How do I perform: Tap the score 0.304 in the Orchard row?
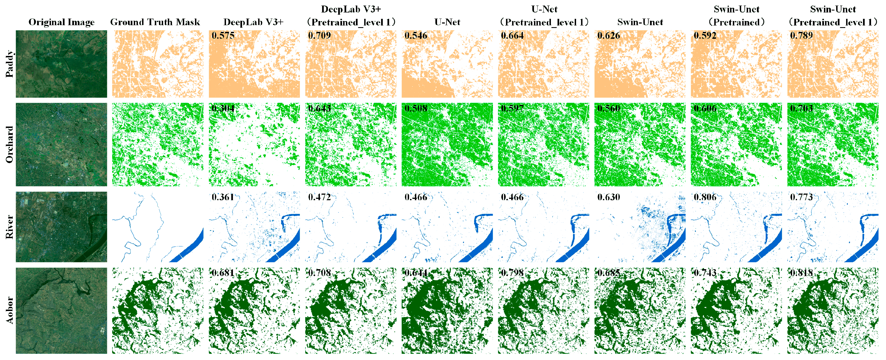pyautogui.click(x=223, y=108)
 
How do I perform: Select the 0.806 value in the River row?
pyautogui.click(x=705, y=197)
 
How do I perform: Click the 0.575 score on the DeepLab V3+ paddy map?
pyautogui.click(x=223, y=35)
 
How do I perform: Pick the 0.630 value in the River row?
pyautogui.click(x=608, y=197)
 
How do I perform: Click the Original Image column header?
pyautogui.click(x=61, y=22)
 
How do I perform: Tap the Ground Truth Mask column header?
pyautogui.click(x=155, y=22)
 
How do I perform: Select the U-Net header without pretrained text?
pyautogui.click(x=447, y=22)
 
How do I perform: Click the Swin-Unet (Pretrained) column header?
pyautogui.click(x=736, y=16)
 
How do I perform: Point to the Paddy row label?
pyautogui.click(x=9, y=64)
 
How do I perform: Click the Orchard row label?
pyautogui.click(x=9, y=144)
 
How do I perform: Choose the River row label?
pyautogui.click(x=9, y=227)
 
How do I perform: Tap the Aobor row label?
pyautogui.click(x=9, y=310)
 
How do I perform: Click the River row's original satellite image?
pyautogui.click(x=61, y=227)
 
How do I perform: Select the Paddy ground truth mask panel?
pyautogui.click(x=158, y=64)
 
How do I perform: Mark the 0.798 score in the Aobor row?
pyautogui.click(x=512, y=273)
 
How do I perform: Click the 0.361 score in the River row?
pyautogui.click(x=223, y=197)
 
